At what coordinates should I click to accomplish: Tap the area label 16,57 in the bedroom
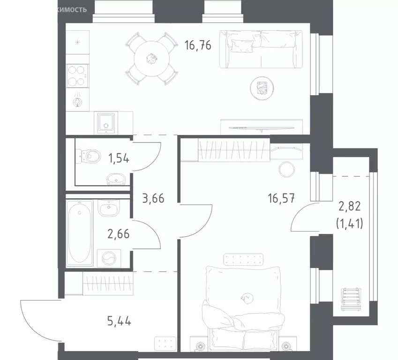click(x=282, y=198)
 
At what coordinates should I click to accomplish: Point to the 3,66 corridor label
click(x=153, y=198)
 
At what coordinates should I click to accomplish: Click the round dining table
click(x=152, y=59)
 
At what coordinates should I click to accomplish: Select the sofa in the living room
click(x=259, y=49)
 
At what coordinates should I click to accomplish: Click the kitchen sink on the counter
click(x=107, y=122)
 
